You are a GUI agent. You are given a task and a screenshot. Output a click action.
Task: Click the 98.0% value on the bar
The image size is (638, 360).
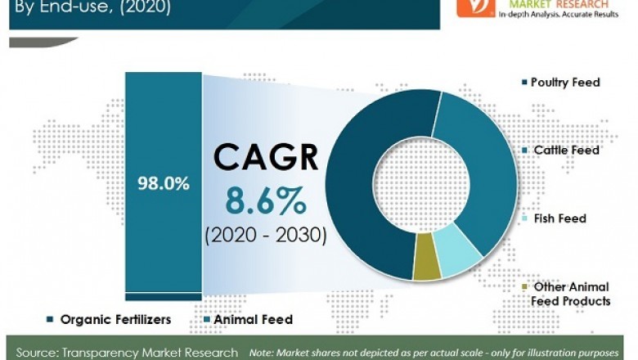click(164, 183)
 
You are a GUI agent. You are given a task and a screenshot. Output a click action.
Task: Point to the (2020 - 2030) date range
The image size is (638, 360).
click(266, 236)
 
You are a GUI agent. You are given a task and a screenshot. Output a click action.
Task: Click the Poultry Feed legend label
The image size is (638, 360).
click(565, 82)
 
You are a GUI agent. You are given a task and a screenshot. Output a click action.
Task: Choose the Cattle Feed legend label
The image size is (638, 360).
click(566, 151)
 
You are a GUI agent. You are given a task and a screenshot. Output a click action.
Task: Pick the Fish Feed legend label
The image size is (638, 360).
click(559, 218)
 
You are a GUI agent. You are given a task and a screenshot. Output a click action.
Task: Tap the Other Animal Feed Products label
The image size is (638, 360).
click(571, 294)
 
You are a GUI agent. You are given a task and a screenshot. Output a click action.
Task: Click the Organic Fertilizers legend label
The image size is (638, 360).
click(115, 320)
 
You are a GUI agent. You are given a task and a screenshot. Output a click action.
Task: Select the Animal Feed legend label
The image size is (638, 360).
click(253, 320)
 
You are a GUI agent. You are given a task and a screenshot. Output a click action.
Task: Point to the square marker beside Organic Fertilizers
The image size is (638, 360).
click(51, 320)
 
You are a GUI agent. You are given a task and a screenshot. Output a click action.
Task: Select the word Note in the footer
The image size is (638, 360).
click(264, 353)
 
